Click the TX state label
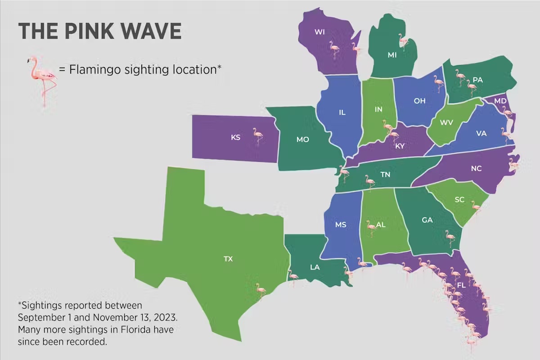coord(228,259)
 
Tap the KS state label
coord(235,137)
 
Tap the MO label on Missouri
coord(302,139)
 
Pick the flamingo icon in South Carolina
coord(476,208)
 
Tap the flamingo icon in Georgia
coord(449,238)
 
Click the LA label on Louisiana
coord(315,267)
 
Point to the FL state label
coord(461,286)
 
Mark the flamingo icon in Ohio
coord(438,84)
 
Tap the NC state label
coord(476,169)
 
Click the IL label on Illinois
coord(342,112)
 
